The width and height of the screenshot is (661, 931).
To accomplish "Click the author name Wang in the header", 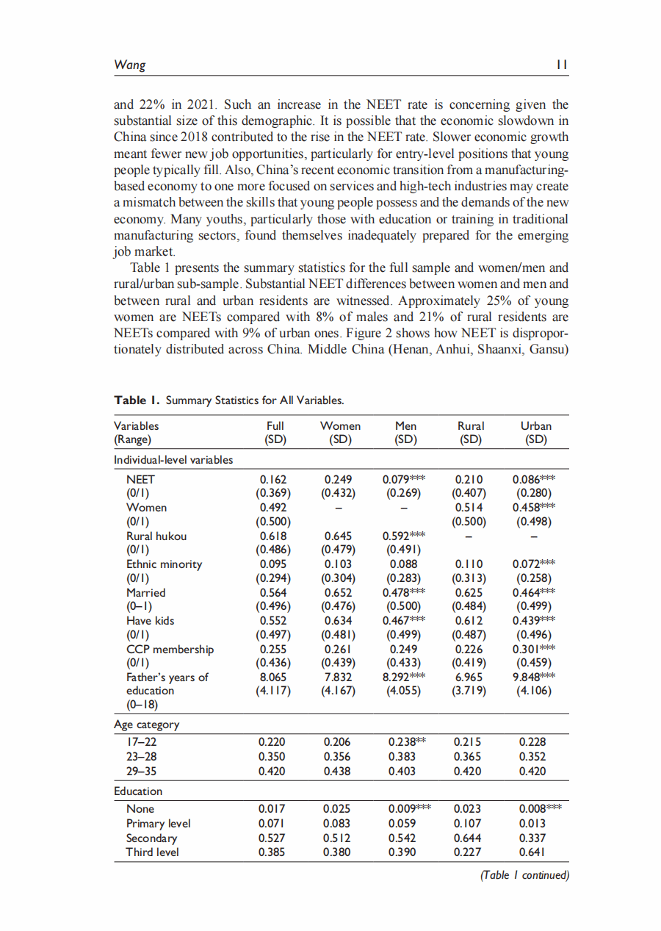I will click(129, 65).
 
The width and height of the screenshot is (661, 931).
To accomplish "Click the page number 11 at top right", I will click(562, 65).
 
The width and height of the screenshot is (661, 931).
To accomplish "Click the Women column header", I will click(341, 425).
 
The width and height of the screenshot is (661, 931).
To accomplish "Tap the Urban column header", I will click(536, 425).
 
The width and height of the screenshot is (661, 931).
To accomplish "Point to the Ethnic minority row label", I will click(164, 564).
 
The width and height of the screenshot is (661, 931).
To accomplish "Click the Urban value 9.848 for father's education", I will click(530, 677).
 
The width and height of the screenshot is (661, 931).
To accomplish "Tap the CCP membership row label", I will click(170, 649).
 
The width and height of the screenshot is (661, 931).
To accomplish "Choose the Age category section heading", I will click(146, 725).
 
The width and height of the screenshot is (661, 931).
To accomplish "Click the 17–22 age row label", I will click(141, 742).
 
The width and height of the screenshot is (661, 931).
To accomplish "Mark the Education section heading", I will click(138, 791).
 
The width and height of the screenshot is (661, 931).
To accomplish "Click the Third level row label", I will click(153, 852).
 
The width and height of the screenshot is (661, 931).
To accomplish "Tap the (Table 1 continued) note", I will click(524, 874).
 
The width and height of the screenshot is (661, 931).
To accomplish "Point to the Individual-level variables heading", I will click(173, 460).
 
